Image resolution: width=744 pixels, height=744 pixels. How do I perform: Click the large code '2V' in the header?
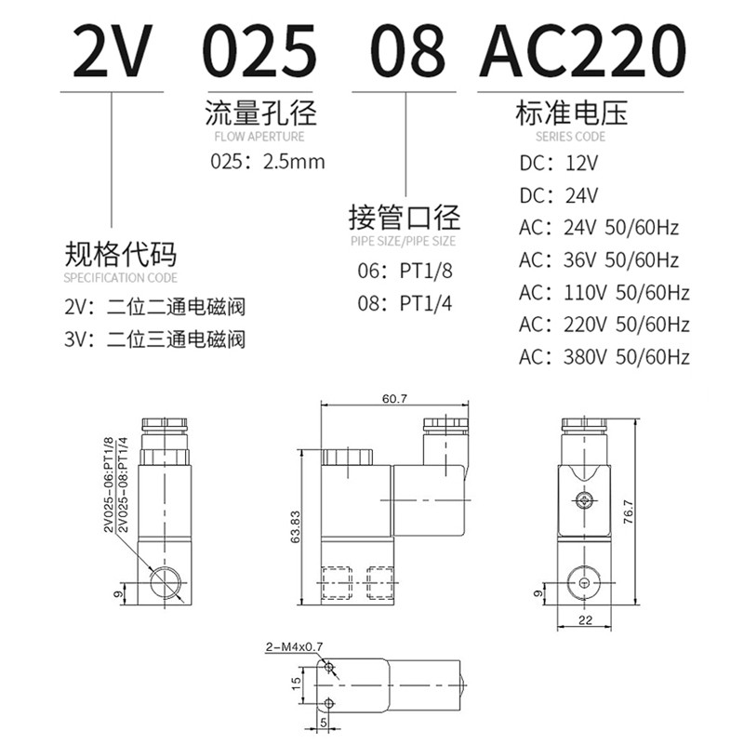tap(113, 50)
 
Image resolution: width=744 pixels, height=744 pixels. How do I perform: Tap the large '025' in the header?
tap(260, 50)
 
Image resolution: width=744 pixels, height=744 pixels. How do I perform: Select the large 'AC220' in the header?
tap(582, 50)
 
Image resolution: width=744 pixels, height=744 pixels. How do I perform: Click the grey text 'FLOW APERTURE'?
tap(259, 137)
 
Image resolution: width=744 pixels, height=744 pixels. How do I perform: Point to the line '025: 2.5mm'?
tap(268, 162)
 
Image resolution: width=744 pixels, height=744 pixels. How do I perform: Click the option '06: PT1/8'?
tap(405, 271)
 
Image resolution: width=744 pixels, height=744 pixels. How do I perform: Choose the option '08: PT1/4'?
tap(405, 303)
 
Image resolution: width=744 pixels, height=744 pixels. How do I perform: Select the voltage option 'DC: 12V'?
tap(559, 164)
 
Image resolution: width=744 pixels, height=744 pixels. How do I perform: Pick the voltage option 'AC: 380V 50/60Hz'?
tap(604, 357)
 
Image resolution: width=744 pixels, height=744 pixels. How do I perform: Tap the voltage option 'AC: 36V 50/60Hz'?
tap(599, 260)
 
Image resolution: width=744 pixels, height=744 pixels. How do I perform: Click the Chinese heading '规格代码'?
tap(121, 254)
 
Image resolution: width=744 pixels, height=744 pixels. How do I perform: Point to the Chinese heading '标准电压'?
tap(571, 113)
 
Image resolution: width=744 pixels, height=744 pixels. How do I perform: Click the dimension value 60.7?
tap(394, 399)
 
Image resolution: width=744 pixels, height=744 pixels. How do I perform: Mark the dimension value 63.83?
tap(295, 526)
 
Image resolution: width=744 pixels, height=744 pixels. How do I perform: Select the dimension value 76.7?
tap(629, 511)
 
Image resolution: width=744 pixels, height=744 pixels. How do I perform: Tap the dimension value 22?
tap(586, 620)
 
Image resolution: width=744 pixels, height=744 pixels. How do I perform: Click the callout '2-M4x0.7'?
tap(294, 646)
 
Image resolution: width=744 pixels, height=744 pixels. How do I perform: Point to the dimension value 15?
tap(296, 684)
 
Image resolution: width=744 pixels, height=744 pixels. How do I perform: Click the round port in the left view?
tap(165, 583)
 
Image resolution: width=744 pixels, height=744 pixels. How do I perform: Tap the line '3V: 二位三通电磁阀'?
tap(154, 339)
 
